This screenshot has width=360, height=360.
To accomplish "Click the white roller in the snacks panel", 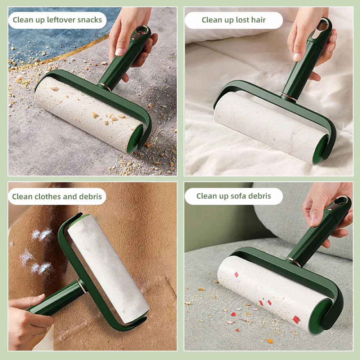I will click(86, 112).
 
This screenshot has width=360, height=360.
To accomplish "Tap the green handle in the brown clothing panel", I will click(58, 299).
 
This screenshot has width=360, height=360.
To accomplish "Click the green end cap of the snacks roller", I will click(135, 139).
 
